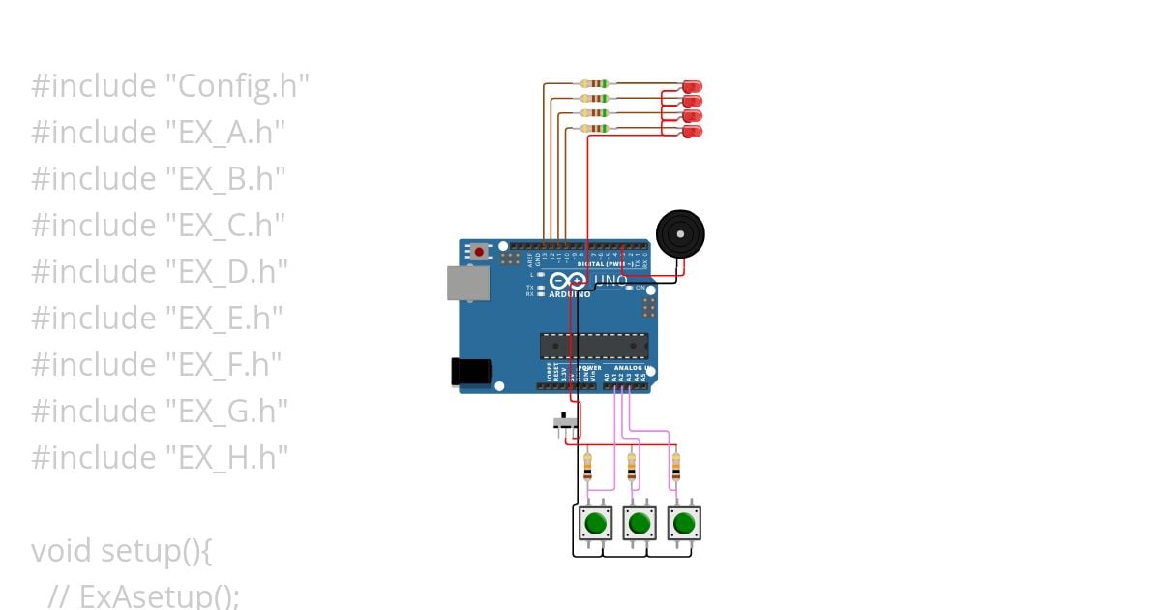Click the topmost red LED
click(x=692, y=86)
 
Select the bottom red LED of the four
click(x=692, y=131)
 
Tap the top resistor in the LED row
click(x=594, y=84)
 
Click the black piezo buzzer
click(x=680, y=234)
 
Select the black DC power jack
click(x=471, y=372)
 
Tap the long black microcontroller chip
click(x=593, y=346)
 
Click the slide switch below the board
click(x=566, y=422)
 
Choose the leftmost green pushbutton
click(x=595, y=524)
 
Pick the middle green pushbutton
click(x=640, y=524)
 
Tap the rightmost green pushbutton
click(x=684, y=524)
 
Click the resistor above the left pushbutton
click(x=588, y=469)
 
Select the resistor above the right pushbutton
click(x=675, y=469)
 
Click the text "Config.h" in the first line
click(x=243, y=86)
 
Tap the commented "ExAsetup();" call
click(x=159, y=596)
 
